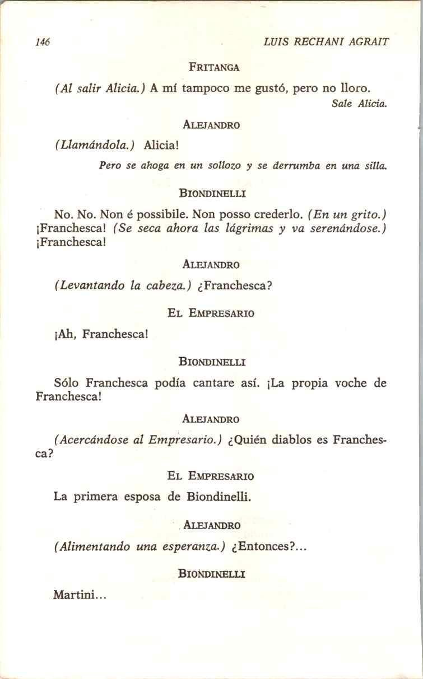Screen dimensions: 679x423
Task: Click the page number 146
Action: coord(43,42)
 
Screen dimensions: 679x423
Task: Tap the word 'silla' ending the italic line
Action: coord(375,166)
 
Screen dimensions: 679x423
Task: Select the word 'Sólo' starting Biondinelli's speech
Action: coord(66,383)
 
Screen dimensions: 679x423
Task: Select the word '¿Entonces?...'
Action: coord(269,547)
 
